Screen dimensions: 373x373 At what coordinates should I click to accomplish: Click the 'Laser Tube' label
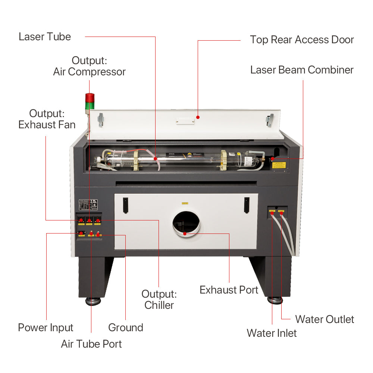pos(45,37)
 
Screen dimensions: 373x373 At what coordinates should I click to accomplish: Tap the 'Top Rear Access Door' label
pos(302,40)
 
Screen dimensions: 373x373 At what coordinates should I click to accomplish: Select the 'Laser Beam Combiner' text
pos(302,70)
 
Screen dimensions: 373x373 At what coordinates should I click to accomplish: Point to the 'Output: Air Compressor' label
pos(89,66)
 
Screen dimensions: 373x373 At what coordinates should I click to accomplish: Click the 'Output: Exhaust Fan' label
pos(47,119)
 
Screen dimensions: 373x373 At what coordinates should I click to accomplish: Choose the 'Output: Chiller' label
pos(159,300)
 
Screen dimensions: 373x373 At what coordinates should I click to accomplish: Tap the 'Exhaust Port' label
pos(229,290)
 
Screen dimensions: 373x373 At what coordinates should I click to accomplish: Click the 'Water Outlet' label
pos(325,319)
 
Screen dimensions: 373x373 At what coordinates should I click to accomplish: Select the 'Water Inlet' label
pos(272,333)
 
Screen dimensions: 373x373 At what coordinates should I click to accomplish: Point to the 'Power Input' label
pos(46,328)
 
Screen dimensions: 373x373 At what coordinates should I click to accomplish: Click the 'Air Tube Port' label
pos(91,344)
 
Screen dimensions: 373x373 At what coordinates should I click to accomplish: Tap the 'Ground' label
pos(126,328)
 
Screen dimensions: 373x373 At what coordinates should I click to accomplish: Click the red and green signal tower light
pos(90,103)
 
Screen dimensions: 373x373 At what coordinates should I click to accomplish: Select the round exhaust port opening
pos(186,223)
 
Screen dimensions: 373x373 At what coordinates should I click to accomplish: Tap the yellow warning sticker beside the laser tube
pos(279,165)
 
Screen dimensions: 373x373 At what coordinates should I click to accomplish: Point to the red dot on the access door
pos(198,117)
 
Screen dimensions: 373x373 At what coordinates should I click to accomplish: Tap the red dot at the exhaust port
pos(185,234)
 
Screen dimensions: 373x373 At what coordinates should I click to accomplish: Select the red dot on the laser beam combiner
pos(273,159)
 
